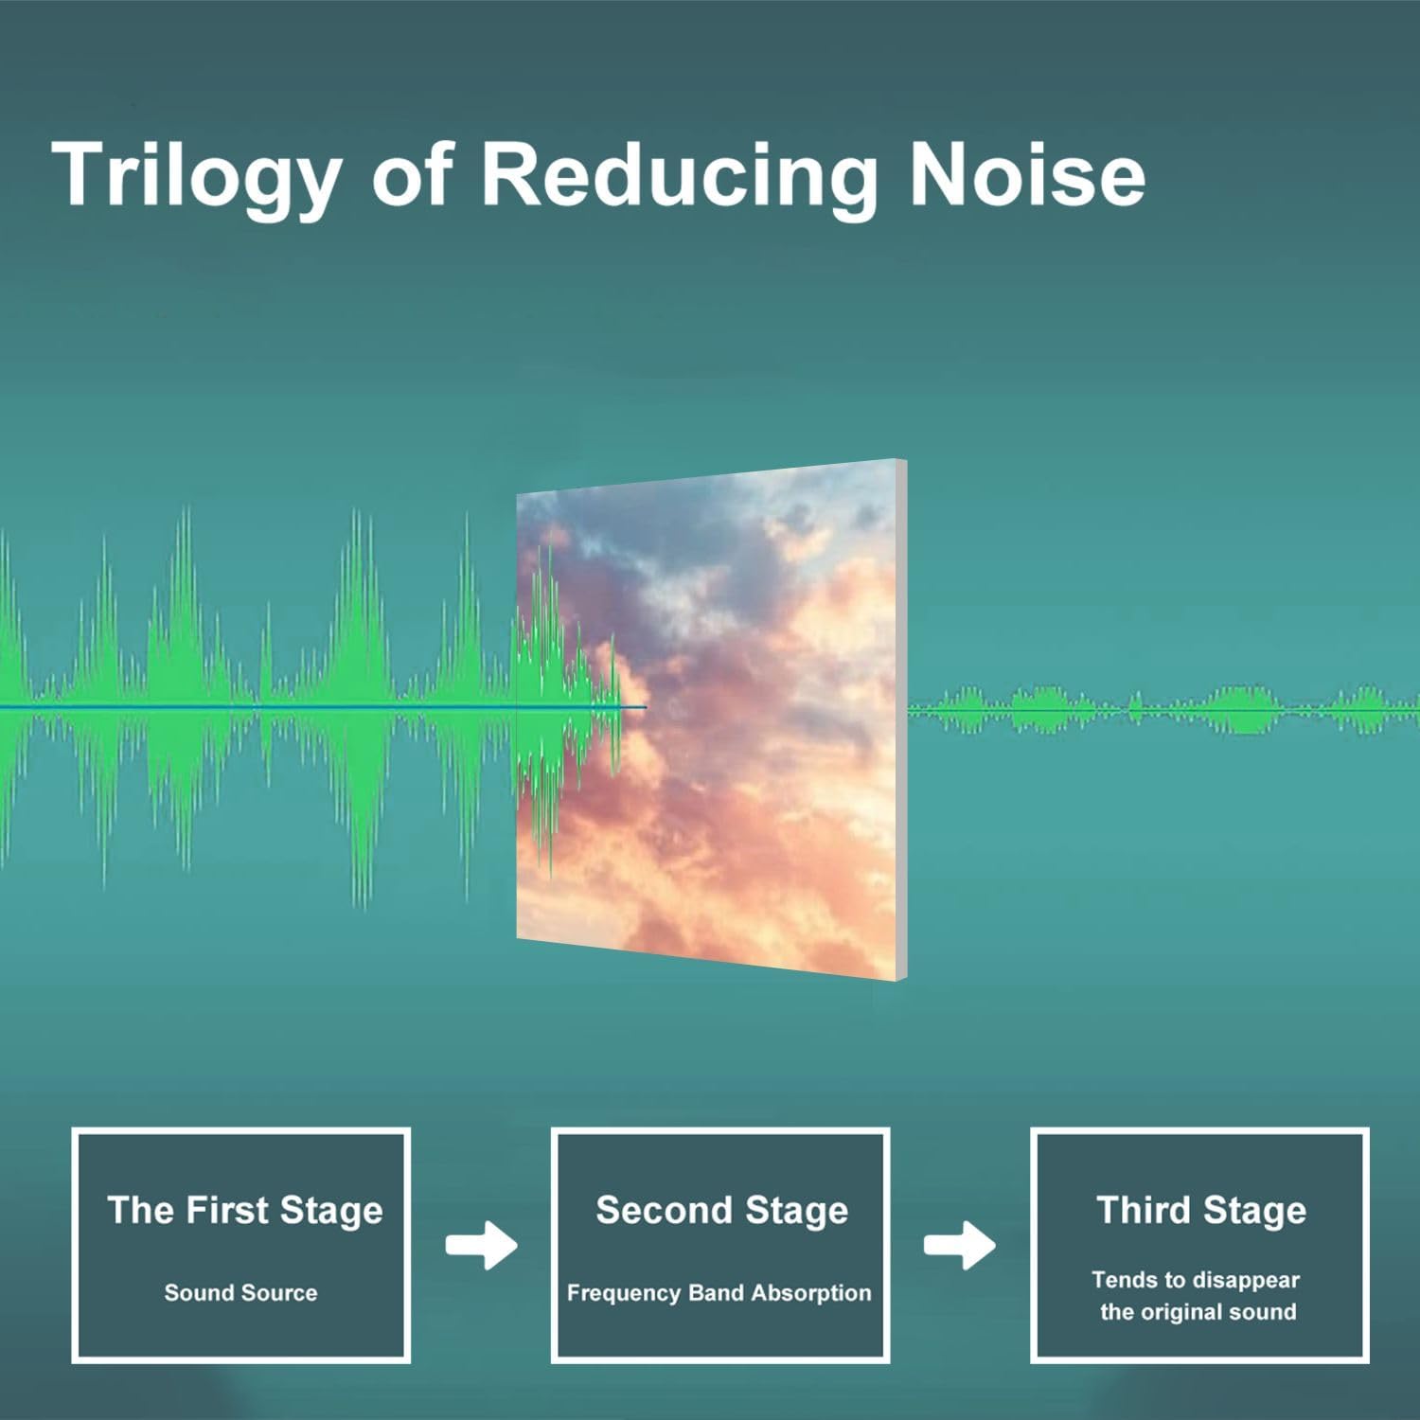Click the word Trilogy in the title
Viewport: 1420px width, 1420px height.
click(x=196, y=177)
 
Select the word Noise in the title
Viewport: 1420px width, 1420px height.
click(x=1027, y=174)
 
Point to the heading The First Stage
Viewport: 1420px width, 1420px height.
click(x=244, y=1210)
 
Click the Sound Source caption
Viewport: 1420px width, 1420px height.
click(x=240, y=1292)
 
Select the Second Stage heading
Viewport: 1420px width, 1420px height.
click(x=721, y=1210)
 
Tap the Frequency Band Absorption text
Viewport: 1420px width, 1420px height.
click(x=719, y=1293)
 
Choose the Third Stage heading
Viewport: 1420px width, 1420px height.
click(x=1200, y=1210)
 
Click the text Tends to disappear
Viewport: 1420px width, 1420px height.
click(x=1196, y=1280)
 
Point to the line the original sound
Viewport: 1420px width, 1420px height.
click(x=1198, y=1312)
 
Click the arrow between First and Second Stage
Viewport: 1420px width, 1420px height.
click(x=481, y=1245)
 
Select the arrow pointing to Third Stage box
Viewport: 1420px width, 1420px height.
click(x=959, y=1245)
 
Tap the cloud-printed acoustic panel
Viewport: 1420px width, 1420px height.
click(x=710, y=719)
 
